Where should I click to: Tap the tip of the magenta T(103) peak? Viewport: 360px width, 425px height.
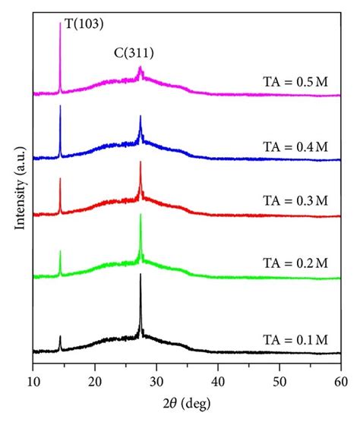[x=60, y=22]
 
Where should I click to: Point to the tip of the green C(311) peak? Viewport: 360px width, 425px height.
[x=141, y=214]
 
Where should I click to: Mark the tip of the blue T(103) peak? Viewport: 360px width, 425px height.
[x=60, y=105]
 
